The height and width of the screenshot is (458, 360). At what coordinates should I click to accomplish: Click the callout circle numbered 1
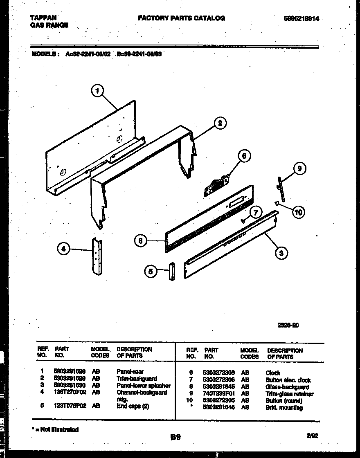click(97, 91)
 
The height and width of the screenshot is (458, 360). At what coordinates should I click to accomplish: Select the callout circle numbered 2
click(220, 123)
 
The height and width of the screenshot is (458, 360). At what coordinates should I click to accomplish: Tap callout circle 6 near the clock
click(244, 156)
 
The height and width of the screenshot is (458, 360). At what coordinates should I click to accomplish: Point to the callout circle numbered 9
click(299, 168)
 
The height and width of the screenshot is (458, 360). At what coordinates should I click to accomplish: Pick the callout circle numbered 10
click(299, 212)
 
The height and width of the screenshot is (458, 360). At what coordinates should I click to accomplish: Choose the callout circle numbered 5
click(151, 271)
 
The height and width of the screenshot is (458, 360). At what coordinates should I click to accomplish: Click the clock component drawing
click(216, 185)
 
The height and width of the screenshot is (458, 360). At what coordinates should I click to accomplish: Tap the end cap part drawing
click(171, 271)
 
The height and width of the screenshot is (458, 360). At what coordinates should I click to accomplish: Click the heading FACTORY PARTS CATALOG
click(181, 18)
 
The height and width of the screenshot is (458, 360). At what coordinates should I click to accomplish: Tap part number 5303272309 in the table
click(218, 373)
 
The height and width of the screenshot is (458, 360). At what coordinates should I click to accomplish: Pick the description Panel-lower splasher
click(143, 386)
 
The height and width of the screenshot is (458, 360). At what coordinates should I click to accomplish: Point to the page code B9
click(175, 437)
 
